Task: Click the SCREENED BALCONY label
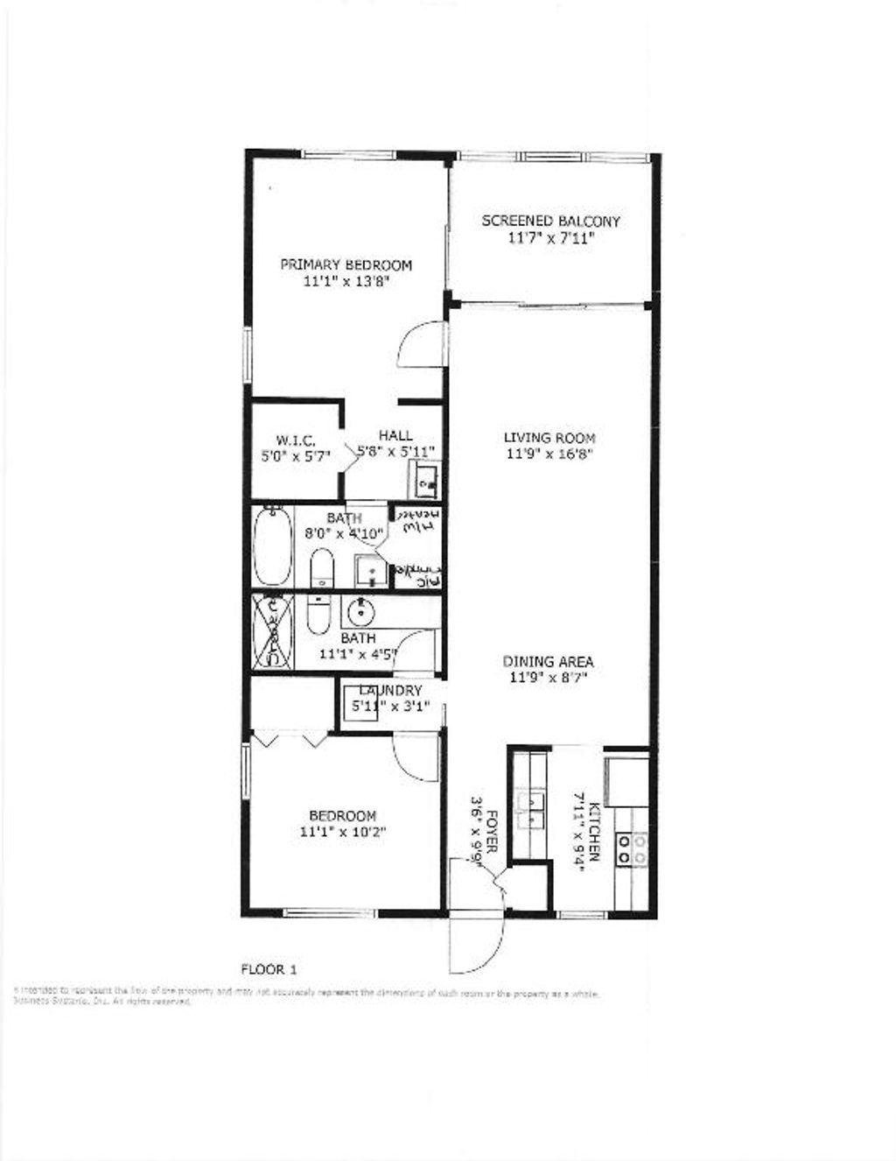550,222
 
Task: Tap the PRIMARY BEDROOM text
346,265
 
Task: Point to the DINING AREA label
549,662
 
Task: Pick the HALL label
395,435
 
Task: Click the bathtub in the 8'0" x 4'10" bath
272,546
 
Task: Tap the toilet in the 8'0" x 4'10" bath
321,567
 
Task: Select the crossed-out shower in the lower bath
273,631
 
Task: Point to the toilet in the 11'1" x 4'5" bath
317,615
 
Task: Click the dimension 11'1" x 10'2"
337,832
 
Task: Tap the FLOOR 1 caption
269,969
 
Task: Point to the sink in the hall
425,480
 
